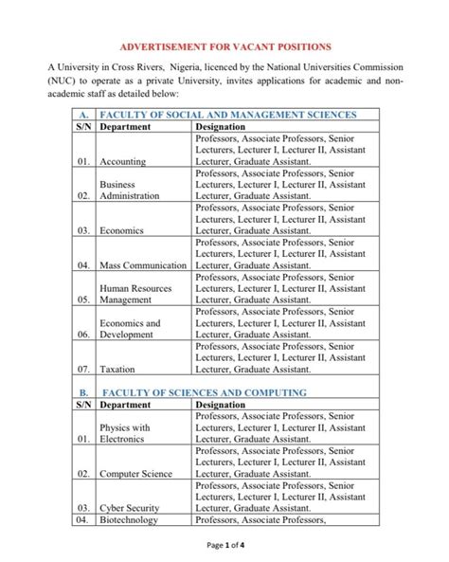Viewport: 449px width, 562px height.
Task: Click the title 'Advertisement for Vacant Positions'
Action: pyautogui.click(x=224, y=46)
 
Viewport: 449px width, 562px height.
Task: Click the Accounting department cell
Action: pyautogui.click(x=122, y=161)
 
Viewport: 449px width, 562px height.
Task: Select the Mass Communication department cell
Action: pyautogui.click(x=143, y=265)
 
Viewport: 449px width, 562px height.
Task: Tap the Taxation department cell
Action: pyautogui.click(x=118, y=369)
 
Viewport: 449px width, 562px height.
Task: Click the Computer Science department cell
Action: pyautogui.click(x=135, y=473)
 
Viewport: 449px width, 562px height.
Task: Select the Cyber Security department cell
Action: pyautogui.click(x=130, y=507)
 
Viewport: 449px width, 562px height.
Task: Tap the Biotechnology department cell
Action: pyautogui.click(x=129, y=519)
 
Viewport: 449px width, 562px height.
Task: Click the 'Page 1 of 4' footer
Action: pyautogui.click(x=224, y=546)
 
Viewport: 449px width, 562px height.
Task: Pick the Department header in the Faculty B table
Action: pyautogui.click(x=131, y=405)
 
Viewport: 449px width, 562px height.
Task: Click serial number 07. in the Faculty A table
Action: pyautogui.click(x=83, y=369)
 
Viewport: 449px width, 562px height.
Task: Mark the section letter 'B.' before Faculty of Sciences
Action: pyautogui.click(x=83, y=392)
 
